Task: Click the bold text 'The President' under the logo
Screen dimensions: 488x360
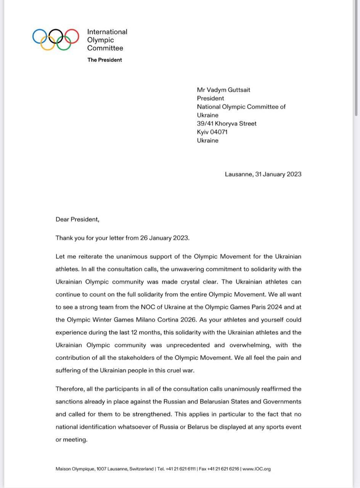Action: tap(104, 60)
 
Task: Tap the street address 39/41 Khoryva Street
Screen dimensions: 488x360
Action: tap(227, 124)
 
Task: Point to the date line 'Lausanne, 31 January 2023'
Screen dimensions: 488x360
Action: tap(263, 174)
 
